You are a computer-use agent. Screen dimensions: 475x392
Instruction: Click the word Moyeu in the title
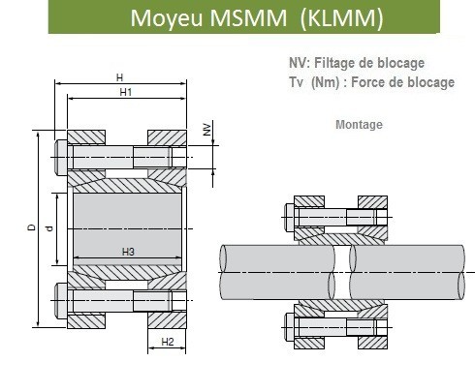168,18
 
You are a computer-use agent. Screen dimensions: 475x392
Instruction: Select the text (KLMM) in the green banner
341,18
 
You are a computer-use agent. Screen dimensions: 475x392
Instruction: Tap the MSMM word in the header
248,18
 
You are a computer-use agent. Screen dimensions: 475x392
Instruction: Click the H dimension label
119,77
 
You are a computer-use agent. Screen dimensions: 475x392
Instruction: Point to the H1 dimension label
126,92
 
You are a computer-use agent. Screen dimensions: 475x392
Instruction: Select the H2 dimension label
168,342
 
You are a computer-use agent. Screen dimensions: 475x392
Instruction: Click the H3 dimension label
128,252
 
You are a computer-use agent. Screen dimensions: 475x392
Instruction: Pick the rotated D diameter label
31,227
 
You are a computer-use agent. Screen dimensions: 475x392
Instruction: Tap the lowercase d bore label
49,228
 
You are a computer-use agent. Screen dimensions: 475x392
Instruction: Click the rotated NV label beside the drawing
207,130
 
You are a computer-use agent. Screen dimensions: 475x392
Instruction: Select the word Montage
359,125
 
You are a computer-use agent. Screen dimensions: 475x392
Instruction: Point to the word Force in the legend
367,82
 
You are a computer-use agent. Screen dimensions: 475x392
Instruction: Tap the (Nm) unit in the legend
326,82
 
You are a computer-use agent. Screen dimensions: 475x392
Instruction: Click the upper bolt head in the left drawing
61,158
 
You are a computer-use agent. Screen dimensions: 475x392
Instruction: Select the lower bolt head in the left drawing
61,301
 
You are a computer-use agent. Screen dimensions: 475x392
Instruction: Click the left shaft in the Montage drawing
277,273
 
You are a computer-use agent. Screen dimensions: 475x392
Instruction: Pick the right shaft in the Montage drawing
407,273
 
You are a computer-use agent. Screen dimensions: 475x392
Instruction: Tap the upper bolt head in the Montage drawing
289,217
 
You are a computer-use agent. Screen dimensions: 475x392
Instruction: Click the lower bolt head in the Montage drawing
289,327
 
